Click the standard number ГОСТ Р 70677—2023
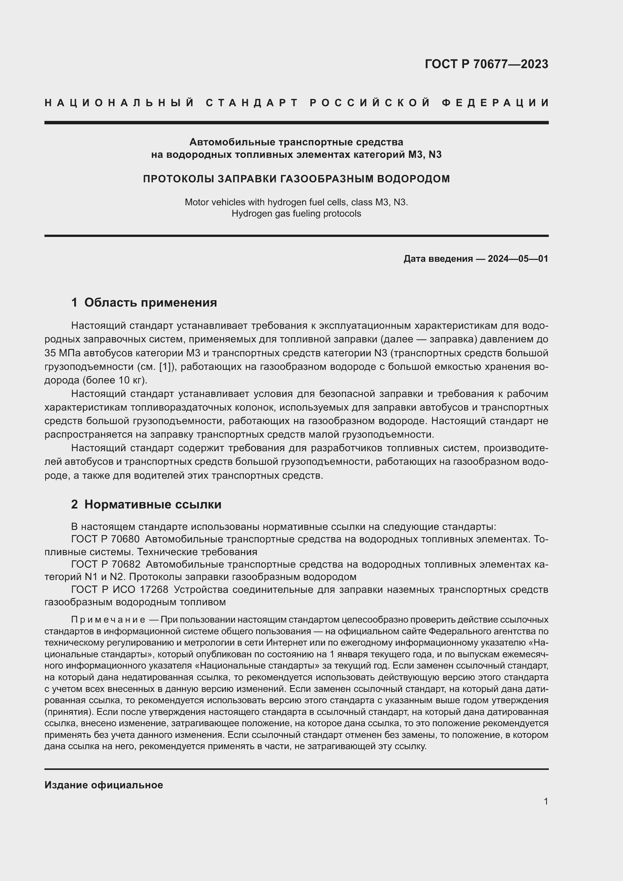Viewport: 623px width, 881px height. click(486, 64)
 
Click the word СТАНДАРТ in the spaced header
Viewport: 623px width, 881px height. click(252, 103)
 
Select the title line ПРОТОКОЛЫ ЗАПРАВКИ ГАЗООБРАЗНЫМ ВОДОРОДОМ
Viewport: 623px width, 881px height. click(296, 179)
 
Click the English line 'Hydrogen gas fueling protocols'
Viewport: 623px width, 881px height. click(296, 213)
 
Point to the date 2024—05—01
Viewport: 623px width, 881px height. click(518, 259)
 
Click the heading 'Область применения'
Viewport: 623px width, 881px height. click(150, 302)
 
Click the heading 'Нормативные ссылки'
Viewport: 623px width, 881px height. click(153, 504)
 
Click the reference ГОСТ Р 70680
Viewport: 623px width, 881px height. click(105, 539)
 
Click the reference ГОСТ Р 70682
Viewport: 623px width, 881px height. click(105, 565)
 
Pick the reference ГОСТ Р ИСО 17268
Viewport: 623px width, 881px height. click(120, 589)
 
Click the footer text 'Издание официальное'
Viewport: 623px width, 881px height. click(104, 785)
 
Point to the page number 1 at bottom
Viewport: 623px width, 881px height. click(545, 801)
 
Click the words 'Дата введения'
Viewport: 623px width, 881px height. click(438, 259)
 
